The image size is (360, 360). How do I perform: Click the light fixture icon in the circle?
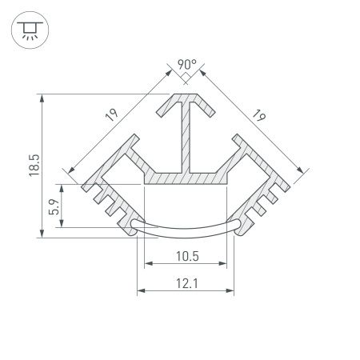click(29, 30)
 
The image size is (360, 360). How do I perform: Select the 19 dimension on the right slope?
click(258, 115)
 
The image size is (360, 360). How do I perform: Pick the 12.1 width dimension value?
click(187, 283)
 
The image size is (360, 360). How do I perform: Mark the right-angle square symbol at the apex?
click(184, 77)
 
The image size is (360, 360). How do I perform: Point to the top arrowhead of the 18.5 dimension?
click(40, 98)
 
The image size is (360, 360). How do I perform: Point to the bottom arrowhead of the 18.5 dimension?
click(40, 234)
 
